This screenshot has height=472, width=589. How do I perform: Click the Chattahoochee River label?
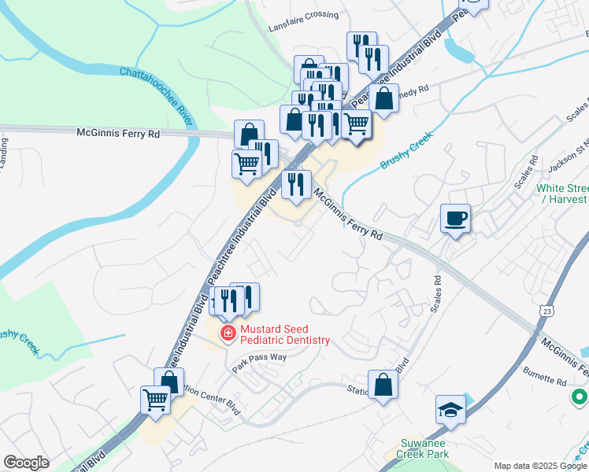(156, 96)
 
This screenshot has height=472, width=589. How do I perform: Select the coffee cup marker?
(456, 218)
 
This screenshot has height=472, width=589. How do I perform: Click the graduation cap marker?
(451, 409)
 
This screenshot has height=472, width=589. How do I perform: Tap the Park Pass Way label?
(259, 362)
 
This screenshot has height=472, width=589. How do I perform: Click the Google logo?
(26, 463)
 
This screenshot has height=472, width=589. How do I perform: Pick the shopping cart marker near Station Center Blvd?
(156, 400)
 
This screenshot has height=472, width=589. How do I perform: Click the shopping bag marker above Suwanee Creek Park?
(383, 385)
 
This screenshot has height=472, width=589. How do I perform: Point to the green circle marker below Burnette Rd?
(580, 396)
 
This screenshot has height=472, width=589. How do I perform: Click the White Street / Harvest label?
(562, 194)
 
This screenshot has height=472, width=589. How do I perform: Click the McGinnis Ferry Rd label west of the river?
(118, 134)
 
